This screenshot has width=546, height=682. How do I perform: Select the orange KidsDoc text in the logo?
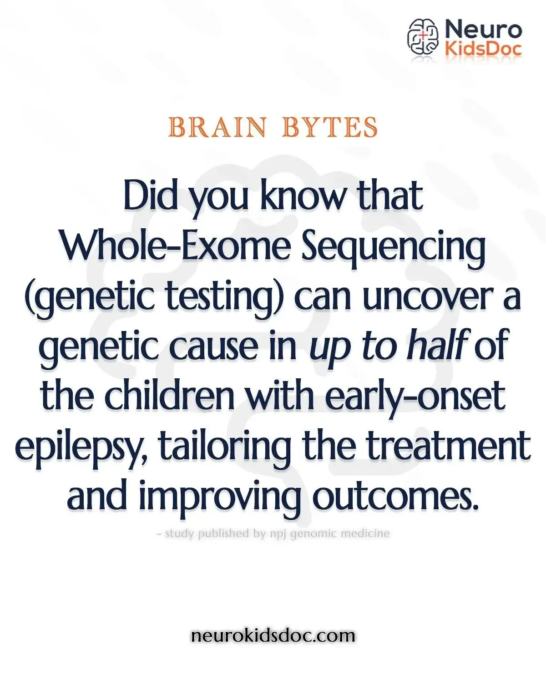click(483, 48)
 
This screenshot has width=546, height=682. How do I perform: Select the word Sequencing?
click(394, 248)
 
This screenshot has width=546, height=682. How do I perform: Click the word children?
click(169, 396)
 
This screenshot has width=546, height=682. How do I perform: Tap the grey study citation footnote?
click(273, 533)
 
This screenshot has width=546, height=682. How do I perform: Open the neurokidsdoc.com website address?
click(273, 635)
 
